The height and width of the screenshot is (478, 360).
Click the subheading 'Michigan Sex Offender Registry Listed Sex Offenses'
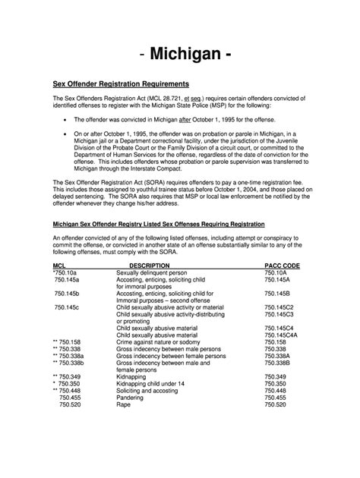158,225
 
